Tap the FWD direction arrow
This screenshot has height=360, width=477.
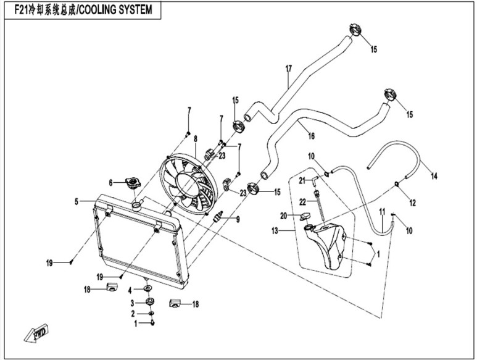36,331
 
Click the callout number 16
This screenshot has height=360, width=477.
311,135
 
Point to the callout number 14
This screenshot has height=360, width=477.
434,177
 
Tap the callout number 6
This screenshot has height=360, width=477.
110,182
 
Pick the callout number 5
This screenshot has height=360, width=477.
77,201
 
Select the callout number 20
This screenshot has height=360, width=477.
284,215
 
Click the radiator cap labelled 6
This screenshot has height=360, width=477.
131,183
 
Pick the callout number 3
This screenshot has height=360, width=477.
130,303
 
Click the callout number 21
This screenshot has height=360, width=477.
303,180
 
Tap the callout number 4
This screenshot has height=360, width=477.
130,290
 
